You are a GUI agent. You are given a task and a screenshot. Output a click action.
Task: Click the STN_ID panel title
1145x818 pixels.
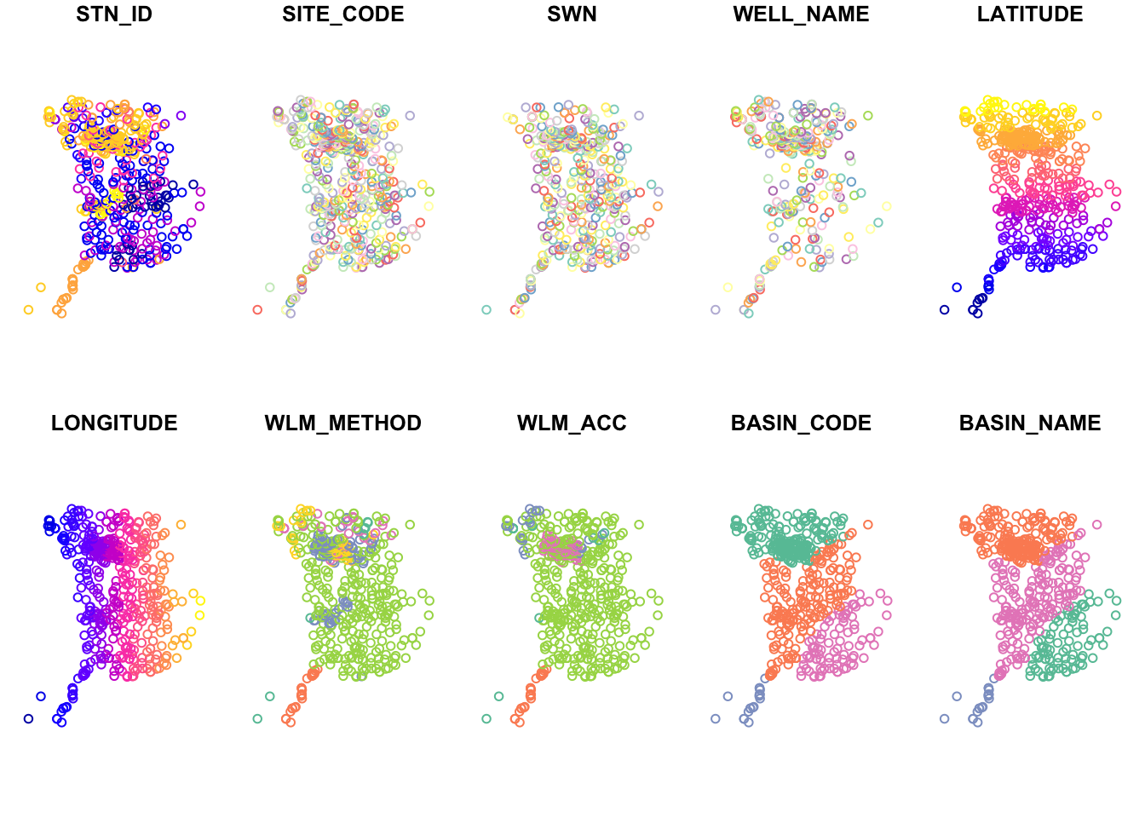pos(114,14)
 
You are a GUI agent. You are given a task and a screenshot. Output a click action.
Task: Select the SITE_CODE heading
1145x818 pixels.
pos(343,14)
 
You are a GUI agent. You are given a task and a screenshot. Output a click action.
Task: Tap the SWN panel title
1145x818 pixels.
pos(572,14)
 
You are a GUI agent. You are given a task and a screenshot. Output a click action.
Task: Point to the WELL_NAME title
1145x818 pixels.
pos(801,14)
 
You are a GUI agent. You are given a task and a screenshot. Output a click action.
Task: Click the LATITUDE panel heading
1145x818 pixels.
pos(1030,14)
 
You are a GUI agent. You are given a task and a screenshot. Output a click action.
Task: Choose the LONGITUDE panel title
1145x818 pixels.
pos(114,423)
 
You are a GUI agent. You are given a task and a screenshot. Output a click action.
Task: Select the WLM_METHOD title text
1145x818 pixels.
pos(343,423)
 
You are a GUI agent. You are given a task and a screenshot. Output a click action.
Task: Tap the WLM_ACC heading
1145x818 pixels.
pos(572,423)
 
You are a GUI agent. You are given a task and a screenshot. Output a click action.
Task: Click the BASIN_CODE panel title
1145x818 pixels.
pos(801,423)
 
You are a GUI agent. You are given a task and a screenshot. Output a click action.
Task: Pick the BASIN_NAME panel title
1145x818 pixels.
pos(1030,423)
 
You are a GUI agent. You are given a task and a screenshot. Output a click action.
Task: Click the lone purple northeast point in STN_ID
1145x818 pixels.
pos(181,115)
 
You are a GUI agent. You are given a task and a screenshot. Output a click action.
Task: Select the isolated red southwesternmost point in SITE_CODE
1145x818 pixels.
pos(257,309)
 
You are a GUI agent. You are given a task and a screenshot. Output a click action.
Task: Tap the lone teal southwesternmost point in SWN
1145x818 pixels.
pos(486,309)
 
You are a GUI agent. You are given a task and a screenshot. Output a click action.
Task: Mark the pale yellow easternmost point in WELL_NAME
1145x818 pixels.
pos(887,206)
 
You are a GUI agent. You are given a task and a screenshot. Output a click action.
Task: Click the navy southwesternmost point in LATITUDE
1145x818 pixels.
pos(944,309)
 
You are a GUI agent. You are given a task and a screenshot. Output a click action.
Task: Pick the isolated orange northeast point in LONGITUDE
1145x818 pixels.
pos(181,524)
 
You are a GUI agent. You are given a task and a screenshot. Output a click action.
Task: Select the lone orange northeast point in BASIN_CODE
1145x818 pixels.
pos(867,524)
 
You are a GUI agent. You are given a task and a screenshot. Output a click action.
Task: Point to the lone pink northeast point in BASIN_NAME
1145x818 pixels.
pos(1096,524)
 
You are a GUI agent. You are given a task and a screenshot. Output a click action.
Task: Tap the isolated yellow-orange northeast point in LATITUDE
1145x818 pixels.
pos(1096,115)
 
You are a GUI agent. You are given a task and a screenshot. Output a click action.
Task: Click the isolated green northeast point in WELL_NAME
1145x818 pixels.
pos(867,115)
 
